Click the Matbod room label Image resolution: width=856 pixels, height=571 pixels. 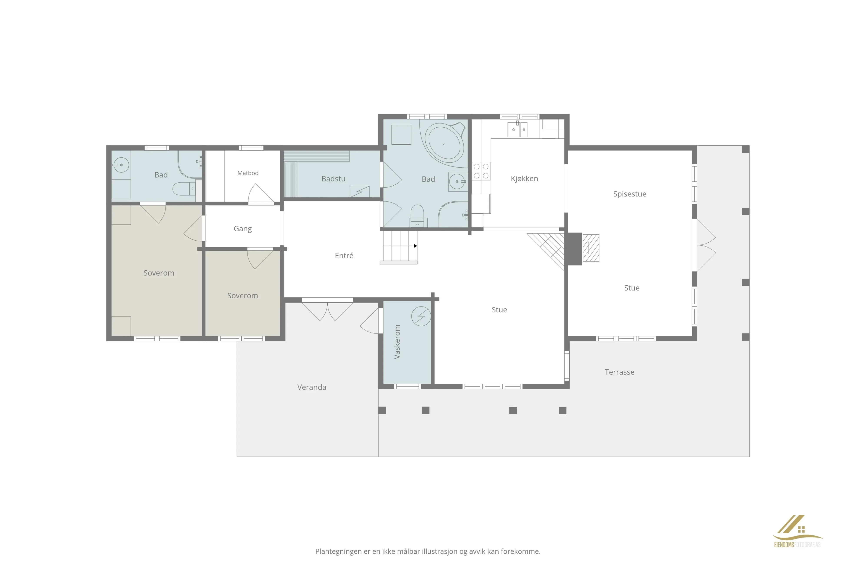[x=248, y=173]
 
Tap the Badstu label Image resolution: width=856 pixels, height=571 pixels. [x=333, y=179]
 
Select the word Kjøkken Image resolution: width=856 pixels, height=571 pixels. [x=524, y=178]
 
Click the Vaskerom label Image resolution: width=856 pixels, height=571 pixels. [x=397, y=342]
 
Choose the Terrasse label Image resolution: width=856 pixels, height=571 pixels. [x=619, y=372]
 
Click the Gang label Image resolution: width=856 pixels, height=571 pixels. [x=243, y=229]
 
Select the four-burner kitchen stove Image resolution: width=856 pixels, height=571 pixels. [x=481, y=171]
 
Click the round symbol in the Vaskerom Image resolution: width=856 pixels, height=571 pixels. [x=421, y=316]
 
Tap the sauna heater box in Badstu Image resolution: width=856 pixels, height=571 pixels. [x=360, y=191]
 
